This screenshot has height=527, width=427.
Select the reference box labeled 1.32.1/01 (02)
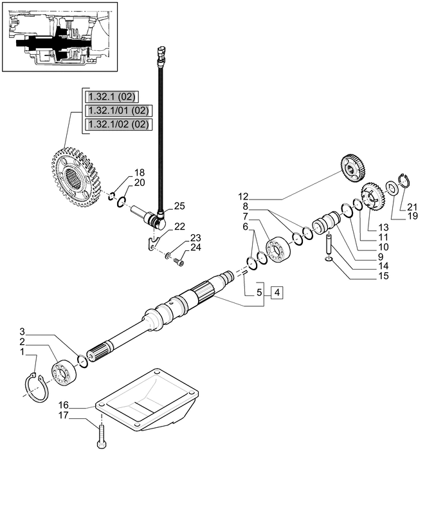pos(118,110)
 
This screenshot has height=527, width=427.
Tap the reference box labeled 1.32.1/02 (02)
pos(118,124)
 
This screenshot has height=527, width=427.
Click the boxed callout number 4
pos(277,293)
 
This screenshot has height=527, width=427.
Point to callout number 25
pos(179,206)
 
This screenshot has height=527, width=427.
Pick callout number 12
pos(243,196)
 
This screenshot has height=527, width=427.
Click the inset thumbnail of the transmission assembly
pos(61,36)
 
